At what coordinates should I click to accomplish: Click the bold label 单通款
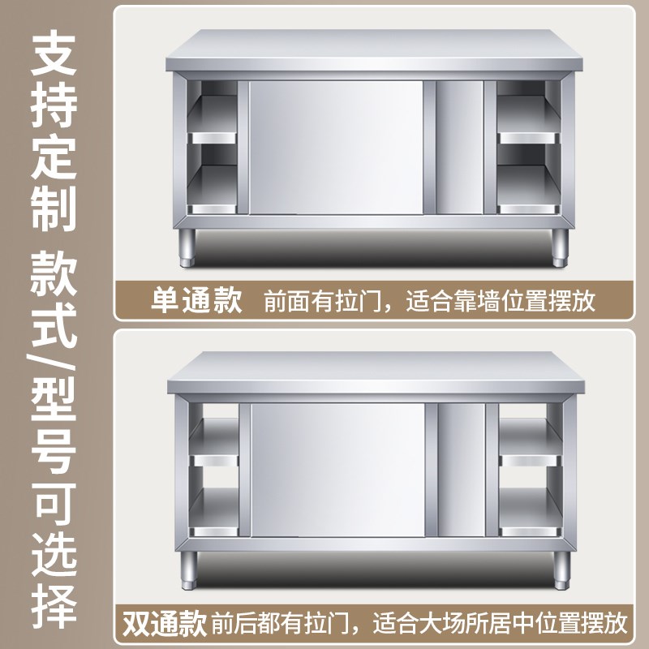point(196,302)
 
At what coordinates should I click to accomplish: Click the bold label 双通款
point(165,623)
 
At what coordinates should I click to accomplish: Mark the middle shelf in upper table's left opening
point(213,138)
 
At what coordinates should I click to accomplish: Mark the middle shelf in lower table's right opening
point(529,460)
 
